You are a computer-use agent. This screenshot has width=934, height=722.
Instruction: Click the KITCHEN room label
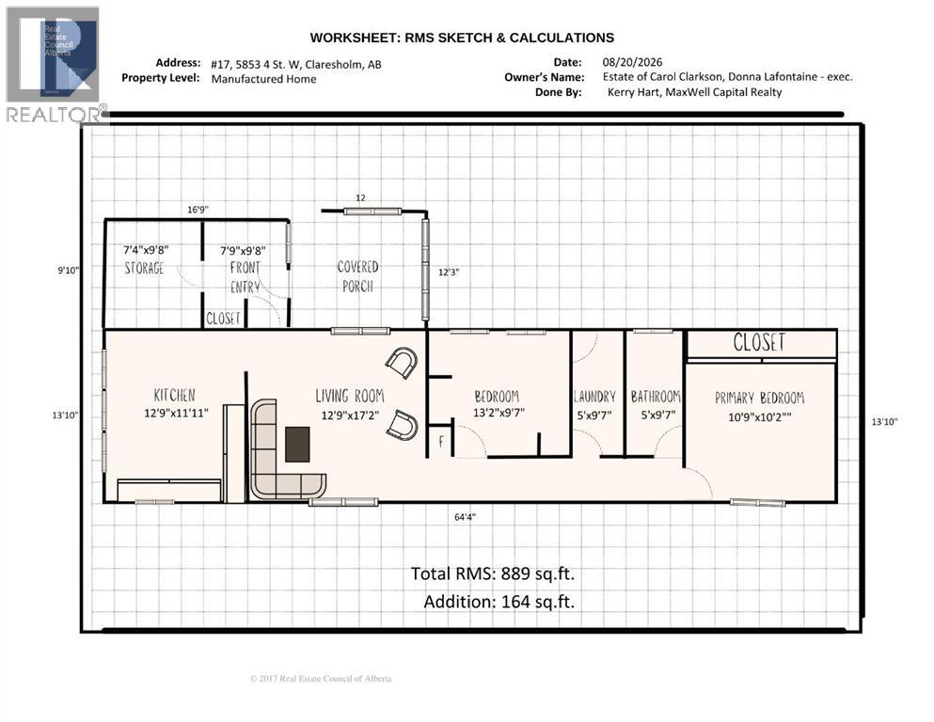pos(175,395)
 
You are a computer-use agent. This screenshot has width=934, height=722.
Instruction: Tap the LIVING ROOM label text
pos(350,396)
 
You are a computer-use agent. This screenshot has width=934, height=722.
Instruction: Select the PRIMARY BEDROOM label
pos(759,398)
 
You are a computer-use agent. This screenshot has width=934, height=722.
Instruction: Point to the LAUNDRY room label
pos(594,397)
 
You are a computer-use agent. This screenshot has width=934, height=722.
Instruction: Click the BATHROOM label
pos(656,397)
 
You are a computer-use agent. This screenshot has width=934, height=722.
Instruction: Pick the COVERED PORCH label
pos(357,276)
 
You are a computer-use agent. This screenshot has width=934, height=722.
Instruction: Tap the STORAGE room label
pos(144,268)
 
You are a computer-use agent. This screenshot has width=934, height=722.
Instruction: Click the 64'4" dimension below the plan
pos(465,517)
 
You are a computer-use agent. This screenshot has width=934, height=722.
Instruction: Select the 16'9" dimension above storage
pos(198,210)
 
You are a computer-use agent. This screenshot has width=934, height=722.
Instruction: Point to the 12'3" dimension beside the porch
pos(449,272)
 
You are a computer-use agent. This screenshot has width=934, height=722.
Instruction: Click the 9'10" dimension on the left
pos(68,270)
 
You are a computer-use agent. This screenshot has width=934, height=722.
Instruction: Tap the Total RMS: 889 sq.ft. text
pos(493,573)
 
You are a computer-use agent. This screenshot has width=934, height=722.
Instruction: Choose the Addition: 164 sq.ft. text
pos(499,602)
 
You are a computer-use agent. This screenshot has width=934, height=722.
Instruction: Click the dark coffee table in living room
pos(297,444)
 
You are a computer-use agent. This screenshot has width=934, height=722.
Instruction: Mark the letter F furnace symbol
pos(441,442)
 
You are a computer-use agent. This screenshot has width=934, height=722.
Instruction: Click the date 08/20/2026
pos(633,62)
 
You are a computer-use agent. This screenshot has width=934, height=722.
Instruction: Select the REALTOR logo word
pos(54,115)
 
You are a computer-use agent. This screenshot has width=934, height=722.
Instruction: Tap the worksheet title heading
pos(462,39)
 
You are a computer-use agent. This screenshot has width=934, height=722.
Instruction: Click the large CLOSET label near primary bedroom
pos(759,342)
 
